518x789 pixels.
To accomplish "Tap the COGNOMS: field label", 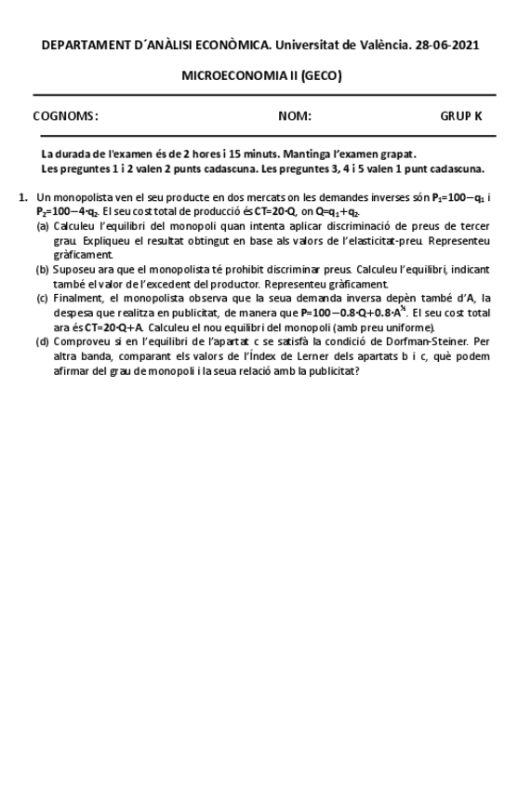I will tap(65, 116).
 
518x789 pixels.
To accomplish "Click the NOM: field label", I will tap(294, 116).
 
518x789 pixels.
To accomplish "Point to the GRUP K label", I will tap(460, 116).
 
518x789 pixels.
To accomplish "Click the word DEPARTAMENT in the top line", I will tap(88, 46).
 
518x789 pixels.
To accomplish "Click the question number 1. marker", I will tap(23, 198).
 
